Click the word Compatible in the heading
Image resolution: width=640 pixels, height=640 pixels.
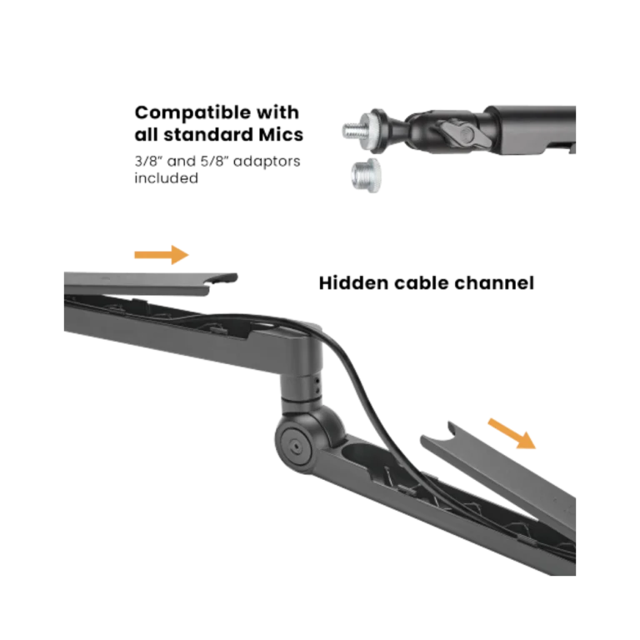(192, 113)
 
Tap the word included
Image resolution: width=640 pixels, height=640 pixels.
(167, 178)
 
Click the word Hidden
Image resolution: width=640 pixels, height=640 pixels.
(353, 282)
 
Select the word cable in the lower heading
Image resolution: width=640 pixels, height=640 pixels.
(421, 282)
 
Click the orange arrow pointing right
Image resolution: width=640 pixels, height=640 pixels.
(162, 255)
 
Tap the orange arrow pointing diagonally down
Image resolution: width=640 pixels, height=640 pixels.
(512, 433)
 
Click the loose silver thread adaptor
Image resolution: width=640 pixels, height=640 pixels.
(366, 176)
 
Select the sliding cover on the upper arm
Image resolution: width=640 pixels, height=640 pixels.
(151, 282)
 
